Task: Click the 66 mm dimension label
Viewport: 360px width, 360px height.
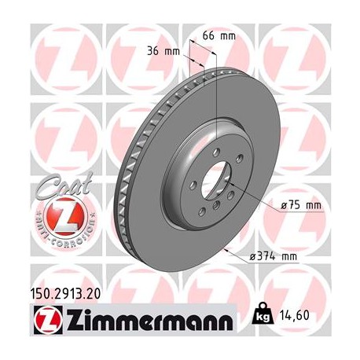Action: click(221, 36)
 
